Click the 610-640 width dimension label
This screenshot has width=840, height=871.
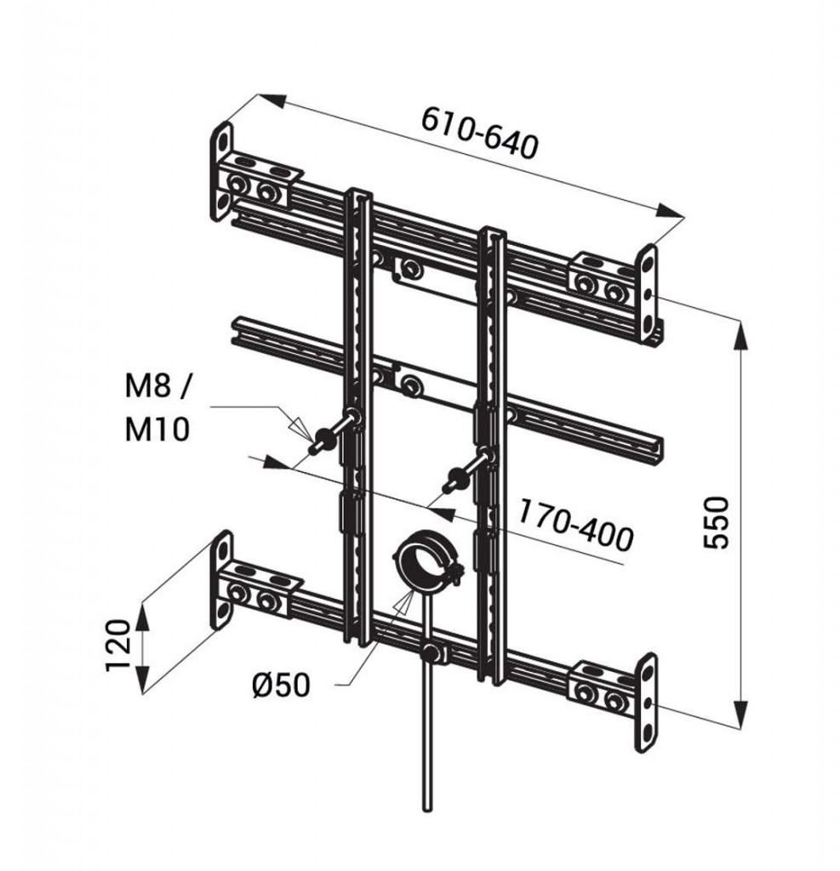[480, 134]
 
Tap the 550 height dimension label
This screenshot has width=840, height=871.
[716, 523]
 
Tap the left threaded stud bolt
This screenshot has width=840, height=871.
[334, 431]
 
